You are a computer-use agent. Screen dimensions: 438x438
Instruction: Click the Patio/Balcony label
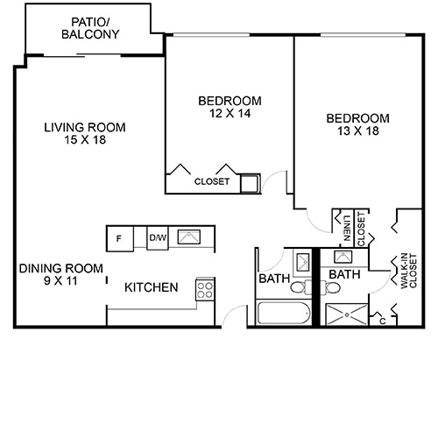tap(90, 28)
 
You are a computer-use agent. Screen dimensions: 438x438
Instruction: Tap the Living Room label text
tap(85, 127)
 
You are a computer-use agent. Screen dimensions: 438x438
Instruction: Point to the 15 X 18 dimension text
tap(85, 140)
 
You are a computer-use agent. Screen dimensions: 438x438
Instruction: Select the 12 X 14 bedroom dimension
tap(230, 113)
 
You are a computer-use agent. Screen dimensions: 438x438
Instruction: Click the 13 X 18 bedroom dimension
tap(357, 132)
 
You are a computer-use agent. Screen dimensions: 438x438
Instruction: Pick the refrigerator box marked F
tap(119, 237)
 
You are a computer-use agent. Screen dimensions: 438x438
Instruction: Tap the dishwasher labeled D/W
tap(158, 237)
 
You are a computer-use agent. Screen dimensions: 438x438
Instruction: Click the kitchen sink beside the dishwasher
tap(188, 237)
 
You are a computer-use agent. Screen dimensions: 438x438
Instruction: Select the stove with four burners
tap(205, 290)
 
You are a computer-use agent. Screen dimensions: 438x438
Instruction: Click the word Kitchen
tap(152, 287)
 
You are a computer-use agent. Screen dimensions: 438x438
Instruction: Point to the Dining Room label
tap(61, 268)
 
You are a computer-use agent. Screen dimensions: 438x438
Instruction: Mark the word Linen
tap(347, 226)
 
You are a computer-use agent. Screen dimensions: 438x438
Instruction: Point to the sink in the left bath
tap(301, 261)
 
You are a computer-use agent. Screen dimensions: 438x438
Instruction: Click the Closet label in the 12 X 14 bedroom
tap(212, 182)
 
